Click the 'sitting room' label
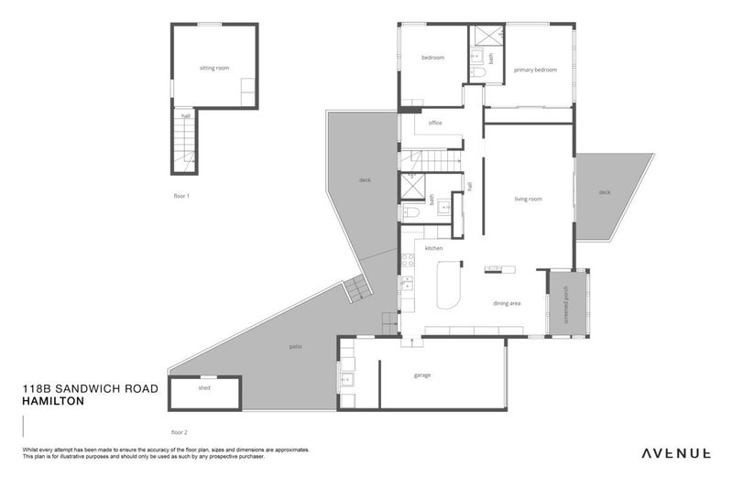(x=214, y=68)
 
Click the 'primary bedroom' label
(x=535, y=70)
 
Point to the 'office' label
(x=435, y=123)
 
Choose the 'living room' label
(x=528, y=199)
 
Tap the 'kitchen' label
(x=433, y=248)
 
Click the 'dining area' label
(x=507, y=303)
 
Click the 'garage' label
(x=422, y=374)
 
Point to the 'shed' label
(x=204, y=388)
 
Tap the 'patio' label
(x=296, y=347)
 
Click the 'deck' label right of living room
(x=604, y=192)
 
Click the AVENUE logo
(x=675, y=452)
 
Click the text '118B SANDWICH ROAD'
(x=90, y=388)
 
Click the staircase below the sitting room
(x=186, y=144)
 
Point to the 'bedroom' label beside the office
(x=432, y=58)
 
